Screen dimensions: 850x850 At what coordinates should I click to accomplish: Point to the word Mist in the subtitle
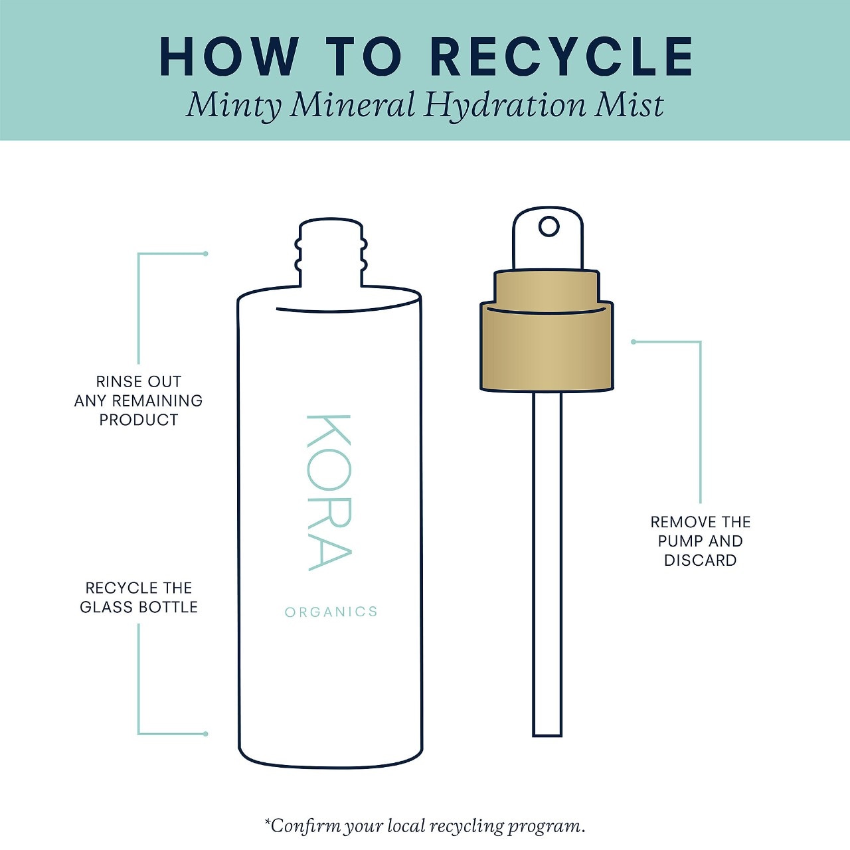tap(629, 105)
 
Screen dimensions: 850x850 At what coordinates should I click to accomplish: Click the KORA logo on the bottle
tap(329, 493)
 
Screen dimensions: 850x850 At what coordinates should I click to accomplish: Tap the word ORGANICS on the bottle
tap(331, 612)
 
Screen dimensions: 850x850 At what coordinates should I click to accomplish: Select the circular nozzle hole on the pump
tap(549, 226)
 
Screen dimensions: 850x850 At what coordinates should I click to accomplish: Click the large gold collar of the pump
tap(547, 347)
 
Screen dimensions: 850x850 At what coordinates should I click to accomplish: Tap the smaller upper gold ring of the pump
tap(547, 289)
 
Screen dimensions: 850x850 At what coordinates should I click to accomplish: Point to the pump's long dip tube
tap(547, 564)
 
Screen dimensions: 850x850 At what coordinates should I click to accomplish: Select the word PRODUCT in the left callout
tap(139, 420)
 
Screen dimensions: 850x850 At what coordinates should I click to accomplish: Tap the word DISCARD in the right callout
tap(701, 560)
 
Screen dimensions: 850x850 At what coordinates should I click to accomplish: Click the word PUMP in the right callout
tap(678, 541)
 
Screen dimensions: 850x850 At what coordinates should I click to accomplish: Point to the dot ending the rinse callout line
tap(205, 254)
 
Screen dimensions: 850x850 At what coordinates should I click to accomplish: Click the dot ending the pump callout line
tap(634, 342)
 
